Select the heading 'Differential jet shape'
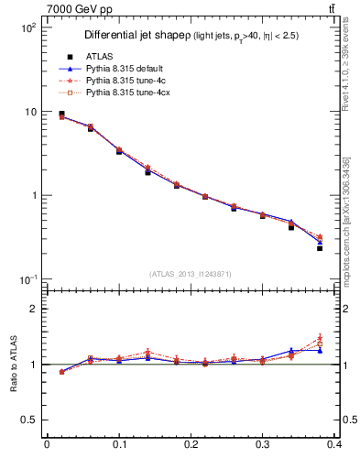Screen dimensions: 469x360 coord(136,36)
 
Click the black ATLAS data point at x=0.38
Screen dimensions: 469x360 coord(320,248)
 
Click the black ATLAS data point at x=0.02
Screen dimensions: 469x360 coord(61,115)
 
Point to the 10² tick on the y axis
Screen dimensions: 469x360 coord(28,27)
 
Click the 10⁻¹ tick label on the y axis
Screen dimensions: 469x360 coord(28,279)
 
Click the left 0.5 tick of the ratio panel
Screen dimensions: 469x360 coord(28,420)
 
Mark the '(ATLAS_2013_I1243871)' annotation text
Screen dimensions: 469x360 coord(191,274)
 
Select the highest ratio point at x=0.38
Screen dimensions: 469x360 coord(320,338)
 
